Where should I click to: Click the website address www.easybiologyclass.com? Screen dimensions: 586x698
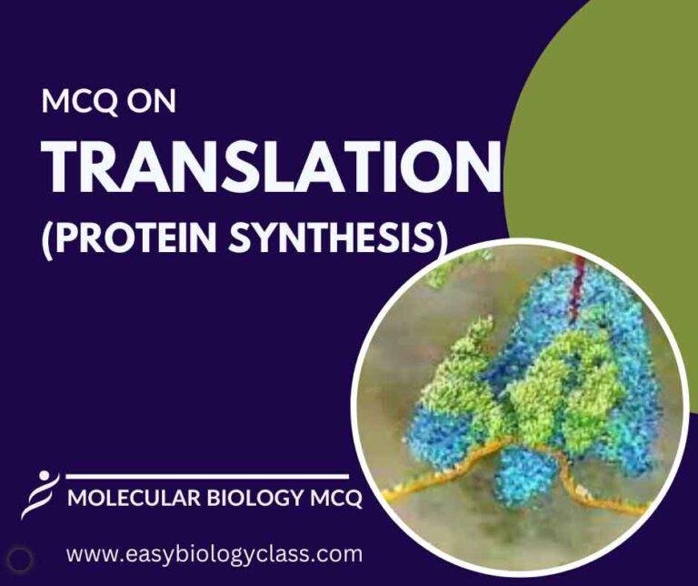pos(214,553)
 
